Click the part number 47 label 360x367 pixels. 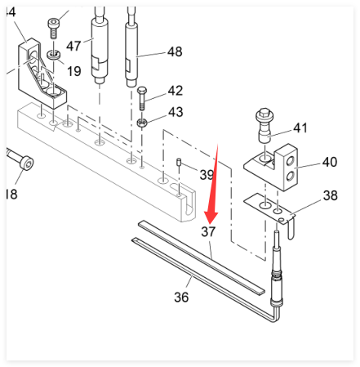tap(73, 46)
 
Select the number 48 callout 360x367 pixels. tap(175, 51)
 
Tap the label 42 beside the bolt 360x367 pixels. tap(176, 91)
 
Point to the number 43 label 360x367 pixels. tap(176, 112)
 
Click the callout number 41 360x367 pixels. tap(300, 128)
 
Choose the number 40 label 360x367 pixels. tap(330, 162)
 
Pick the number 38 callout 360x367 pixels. tap(331, 195)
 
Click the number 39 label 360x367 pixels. tap(207, 174)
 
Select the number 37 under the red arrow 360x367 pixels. tap(208, 231)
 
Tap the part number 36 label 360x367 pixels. tap(181, 297)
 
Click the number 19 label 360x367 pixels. tap(74, 71)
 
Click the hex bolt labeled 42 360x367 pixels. tap(142, 98)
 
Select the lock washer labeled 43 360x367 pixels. tap(142, 123)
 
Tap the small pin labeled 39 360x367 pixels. tap(179, 162)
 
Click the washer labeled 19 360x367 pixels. tap(54, 55)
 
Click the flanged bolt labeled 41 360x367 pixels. tap(264, 125)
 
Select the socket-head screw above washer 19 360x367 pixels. tap(54, 28)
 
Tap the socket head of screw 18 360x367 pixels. tap(28, 163)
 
